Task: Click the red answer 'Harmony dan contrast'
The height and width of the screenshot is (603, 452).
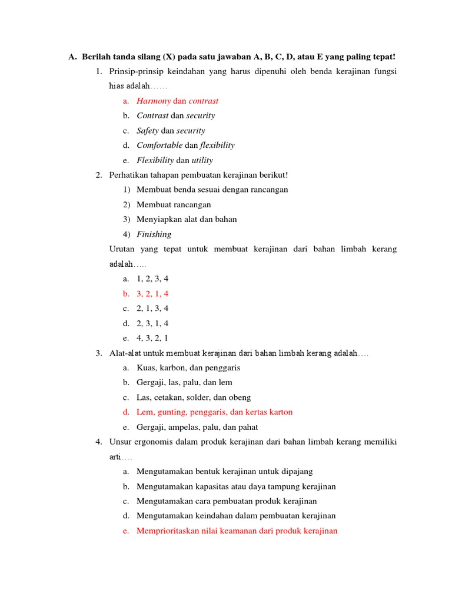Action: point(177,101)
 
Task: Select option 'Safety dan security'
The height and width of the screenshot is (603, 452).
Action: point(171,131)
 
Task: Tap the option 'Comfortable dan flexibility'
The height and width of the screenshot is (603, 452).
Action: point(185,145)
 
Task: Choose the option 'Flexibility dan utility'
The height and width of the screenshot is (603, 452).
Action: point(175,160)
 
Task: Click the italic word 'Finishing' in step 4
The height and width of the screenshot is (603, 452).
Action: point(154,234)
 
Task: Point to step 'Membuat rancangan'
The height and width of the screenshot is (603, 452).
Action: point(174,205)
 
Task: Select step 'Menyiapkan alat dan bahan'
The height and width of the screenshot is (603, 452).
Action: point(187,220)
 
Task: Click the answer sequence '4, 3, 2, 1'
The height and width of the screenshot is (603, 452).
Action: point(152,338)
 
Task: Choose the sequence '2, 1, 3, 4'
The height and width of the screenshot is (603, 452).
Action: point(152,309)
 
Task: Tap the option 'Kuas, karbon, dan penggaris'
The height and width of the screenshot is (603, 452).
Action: point(188,368)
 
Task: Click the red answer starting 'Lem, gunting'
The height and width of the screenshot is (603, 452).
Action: point(214,412)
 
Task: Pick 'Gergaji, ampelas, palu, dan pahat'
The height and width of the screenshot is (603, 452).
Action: point(197,427)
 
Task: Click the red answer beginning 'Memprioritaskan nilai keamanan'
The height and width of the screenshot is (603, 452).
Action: point(237,531)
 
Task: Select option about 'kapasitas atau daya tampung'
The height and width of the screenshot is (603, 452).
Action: point(236,486)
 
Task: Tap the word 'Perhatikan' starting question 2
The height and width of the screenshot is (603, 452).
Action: point(129,175)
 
